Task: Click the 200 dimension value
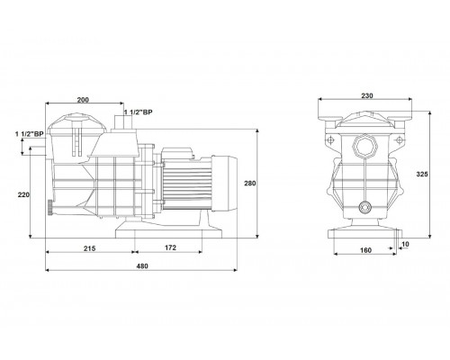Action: (83, 100)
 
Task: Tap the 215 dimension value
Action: (89, 248)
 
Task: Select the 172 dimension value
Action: (170, 247)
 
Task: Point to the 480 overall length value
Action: (142, 266)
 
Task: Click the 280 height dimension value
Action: (249, 183)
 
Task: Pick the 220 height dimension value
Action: (23, 194)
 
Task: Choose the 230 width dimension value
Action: (367, 95)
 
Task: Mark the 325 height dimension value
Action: (422, 174)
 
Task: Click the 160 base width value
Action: (365, 250)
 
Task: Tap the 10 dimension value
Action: (405, 244)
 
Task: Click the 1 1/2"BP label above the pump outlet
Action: (139, 112)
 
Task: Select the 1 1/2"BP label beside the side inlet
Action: (30, 134)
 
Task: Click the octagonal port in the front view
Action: (365, 146)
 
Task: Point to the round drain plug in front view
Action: (364, 207)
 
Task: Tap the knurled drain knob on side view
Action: (49, 207)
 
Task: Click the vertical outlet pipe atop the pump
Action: (123, 122)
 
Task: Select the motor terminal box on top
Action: (177, 153)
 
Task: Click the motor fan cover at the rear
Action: (224, 184)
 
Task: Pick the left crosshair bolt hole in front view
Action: (331, 140)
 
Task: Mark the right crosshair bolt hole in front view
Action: (399, 139)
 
